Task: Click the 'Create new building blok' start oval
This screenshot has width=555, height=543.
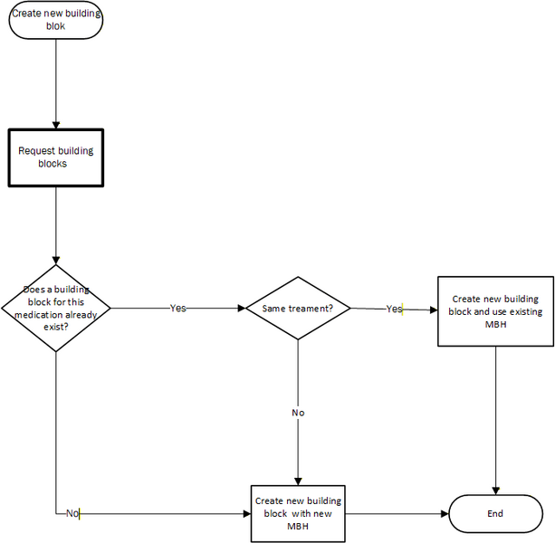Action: coord(56,20)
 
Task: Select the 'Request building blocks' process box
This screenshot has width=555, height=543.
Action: coord(56,157)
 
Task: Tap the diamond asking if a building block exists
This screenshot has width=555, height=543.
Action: coord(56,308)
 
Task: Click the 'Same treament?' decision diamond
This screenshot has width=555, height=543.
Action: coord(298,309)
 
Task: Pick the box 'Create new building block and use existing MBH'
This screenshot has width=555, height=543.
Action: coord(495,311)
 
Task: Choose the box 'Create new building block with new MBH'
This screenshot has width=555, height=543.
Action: coord(298,513)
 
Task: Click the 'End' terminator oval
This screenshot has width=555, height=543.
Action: coord(495,513)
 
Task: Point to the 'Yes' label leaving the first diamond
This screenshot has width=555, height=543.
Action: coord(177,309)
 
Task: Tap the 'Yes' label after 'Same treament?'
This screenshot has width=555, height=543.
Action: coord(394,309)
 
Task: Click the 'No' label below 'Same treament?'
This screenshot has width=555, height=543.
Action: coord(298,413)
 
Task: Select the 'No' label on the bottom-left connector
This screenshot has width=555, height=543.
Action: coord(72,513)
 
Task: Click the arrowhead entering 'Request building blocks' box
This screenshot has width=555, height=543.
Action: coord(56,124)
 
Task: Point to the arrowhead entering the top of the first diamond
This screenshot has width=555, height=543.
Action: coord(56,259)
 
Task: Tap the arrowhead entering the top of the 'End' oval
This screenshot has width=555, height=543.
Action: coord(495,491)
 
